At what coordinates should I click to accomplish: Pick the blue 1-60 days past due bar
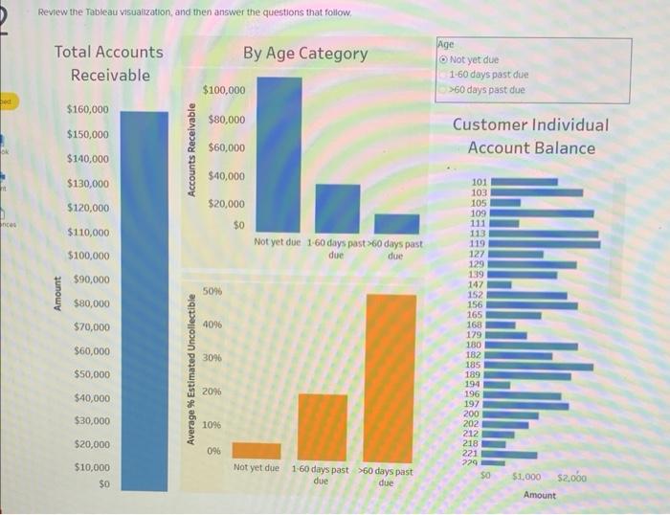[x=338, y=209]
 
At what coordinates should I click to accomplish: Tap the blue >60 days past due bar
[x=396, y=223]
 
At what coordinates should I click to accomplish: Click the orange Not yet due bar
[x=257, y=451]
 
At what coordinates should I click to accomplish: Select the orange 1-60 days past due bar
[x=323, y=427]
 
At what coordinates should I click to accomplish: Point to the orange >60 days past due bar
[x=391, y=377]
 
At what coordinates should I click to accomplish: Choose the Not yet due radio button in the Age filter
[x=443, y=59]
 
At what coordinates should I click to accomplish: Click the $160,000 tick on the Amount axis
[x=87, y=110]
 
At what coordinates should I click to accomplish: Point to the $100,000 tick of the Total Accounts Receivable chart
[x=87, y=256]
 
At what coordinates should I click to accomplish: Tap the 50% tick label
[x=212, y=290]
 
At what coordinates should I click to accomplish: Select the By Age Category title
[x=304, y=54]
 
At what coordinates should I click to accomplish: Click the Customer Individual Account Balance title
[x=530, y=136]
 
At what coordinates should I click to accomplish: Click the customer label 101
[x=480, y=181]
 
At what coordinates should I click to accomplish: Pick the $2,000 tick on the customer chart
[x=571, y=477]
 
